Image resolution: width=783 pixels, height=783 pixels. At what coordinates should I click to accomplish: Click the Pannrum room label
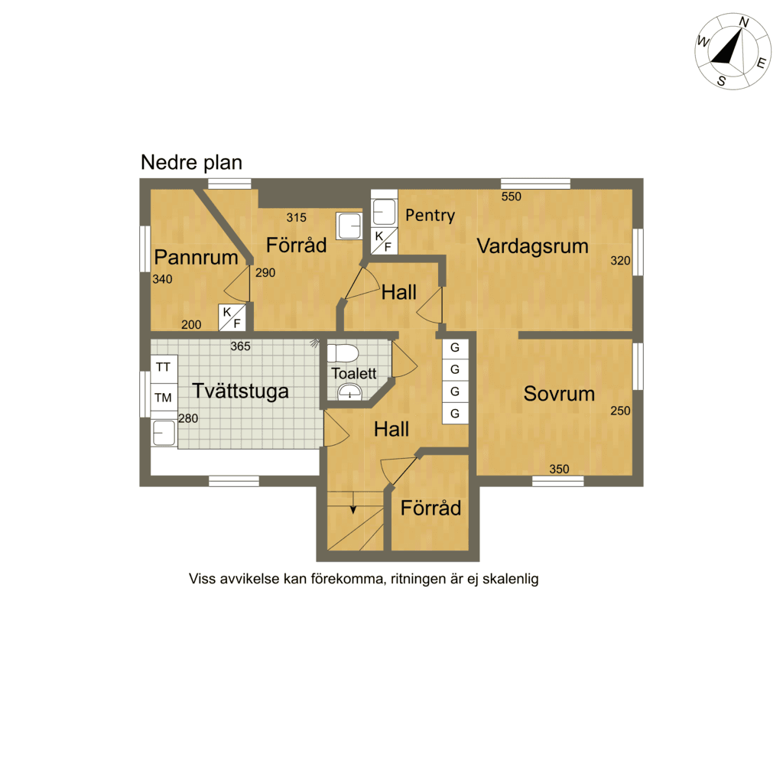pyautogui.click(x=197, y=257)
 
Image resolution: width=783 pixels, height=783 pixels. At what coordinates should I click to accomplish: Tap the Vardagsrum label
pyautogui.click(x=532, y=246)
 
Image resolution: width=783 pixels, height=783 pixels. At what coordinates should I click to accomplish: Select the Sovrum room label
pyautogui.click(x=559, y=394)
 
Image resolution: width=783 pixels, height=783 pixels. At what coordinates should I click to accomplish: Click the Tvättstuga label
pyautogui.click(x=240, y=391)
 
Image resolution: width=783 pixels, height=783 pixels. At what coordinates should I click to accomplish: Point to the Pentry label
pyautogui.click(x=430, y=215)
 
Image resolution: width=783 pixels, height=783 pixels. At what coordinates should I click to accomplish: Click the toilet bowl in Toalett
pyautogui.click(x=343, y=353)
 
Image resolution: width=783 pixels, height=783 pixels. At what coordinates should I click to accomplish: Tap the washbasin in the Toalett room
pyautogui.click(x=349, y=392)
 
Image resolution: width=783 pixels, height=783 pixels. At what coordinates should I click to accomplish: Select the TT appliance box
pyautogui.click(x=164, y=367)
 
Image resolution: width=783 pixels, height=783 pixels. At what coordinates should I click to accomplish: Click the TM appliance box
pyautogui.click(x=164, y=397)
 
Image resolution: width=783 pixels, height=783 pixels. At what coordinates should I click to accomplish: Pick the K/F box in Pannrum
pyautogui.click(x=232, y=317)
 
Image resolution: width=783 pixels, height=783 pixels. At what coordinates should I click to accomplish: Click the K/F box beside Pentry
pyautogui.click(x=384, y=241)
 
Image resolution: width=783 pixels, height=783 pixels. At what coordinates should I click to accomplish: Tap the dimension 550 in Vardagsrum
pyautogui.click(x=512, y=197)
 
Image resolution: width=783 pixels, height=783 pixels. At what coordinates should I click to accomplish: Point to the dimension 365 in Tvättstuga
pyautogui.click(x=240, y=346)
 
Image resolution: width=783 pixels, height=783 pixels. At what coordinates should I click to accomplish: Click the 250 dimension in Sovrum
pyautogui.click(x=620, y=411)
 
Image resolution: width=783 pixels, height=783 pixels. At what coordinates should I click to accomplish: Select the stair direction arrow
pyautogui.click(x=353, y=502)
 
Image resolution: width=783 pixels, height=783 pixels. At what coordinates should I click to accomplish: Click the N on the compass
pyautogui.click(x=743, y=22)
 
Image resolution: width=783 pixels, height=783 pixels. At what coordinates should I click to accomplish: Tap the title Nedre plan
pyautogui.click(x=191, y=162)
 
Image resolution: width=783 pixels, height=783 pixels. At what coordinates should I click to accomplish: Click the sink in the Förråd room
pyautogui.click(x=349, y=226)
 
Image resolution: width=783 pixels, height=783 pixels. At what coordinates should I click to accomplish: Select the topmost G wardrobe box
pyautogui.click(x=455, y=348)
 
